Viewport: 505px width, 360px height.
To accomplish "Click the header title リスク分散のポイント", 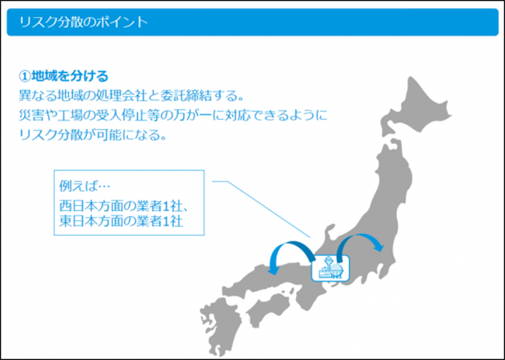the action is tap(84, 23).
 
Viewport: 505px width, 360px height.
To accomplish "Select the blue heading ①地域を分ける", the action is tap(64, 77).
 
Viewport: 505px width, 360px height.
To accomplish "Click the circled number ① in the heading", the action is tap(25, 77).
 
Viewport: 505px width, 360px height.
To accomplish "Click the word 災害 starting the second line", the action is tap(31, 115).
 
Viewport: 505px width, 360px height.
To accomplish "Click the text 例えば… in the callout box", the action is tap(85, 187).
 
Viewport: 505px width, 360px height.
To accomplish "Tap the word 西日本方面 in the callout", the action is tap(89, 205).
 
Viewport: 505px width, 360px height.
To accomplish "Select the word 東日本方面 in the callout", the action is tap(89, 222).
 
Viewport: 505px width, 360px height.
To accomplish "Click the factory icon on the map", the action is tap(330, 268).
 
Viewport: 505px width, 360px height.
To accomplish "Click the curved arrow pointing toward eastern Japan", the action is tap(357, 236).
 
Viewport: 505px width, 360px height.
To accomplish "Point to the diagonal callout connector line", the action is tap(261, 209).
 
